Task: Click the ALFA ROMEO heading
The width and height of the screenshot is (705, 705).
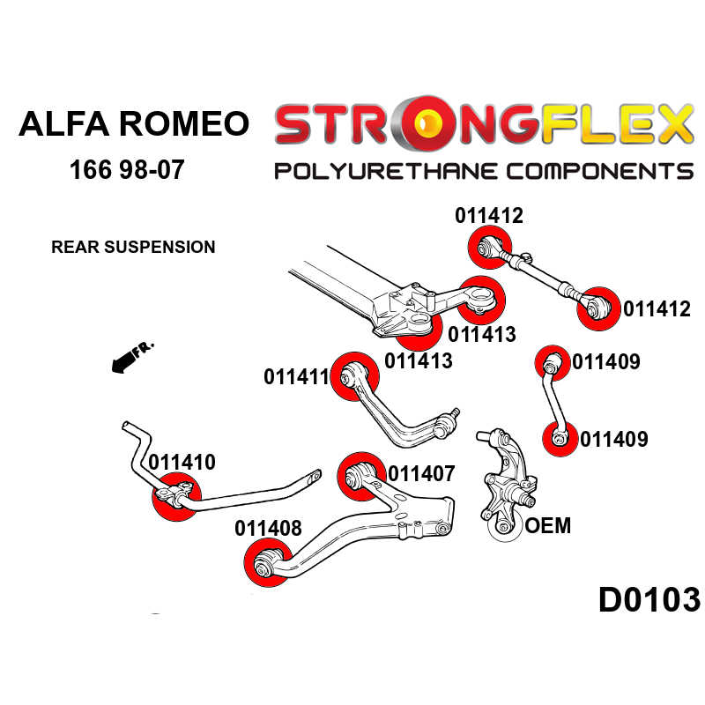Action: point(134,123)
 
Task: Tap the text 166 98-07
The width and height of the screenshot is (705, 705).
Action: point(127,169)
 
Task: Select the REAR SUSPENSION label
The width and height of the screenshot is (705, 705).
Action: point(133,247)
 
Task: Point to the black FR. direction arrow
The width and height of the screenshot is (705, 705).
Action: point(128,358)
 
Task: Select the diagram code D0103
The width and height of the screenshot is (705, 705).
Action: point(649,600)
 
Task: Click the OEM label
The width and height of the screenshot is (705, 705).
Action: point(547,527)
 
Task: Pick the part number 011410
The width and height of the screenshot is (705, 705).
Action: point(182,462)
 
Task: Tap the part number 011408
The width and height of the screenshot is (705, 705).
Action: point(268,529)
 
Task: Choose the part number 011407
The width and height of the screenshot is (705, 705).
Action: point(421,473)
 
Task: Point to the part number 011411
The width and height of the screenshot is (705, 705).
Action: point(296,377)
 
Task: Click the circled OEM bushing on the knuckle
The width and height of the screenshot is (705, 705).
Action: point(505,526)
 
